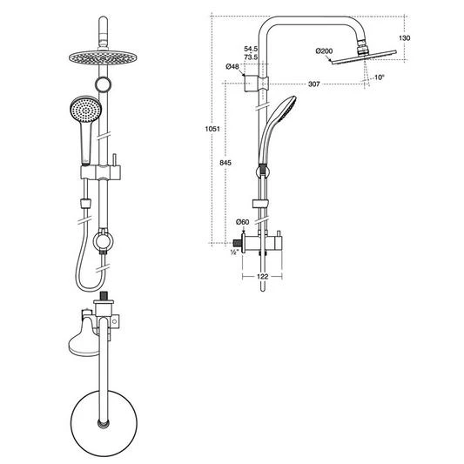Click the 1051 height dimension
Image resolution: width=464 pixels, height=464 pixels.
pos(212,129)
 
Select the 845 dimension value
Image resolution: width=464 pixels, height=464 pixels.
pos(225,163)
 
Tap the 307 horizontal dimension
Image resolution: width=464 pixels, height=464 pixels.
pos(314,84)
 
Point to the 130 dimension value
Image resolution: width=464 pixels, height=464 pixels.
pos(404,38)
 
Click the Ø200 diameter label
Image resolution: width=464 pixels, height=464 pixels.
pos(324,51)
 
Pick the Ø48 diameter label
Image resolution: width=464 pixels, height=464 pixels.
pos(232,66)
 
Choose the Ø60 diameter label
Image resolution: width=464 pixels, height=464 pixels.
pos(243,222)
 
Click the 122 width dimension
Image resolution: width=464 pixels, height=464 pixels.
pos(263,276)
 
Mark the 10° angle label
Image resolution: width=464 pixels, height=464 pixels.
pos(379,77)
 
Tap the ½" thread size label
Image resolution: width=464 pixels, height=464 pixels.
pos(234,252)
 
